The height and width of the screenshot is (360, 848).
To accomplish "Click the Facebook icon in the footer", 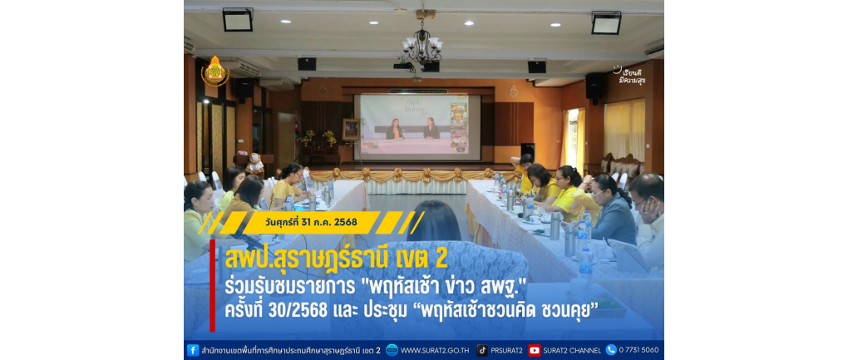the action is (x=193, y=350).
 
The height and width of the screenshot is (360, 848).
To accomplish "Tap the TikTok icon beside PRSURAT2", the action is (x=482, y=350).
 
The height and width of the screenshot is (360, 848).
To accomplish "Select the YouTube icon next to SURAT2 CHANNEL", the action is (x=535, y=350).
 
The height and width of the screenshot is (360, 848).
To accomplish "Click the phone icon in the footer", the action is (x=611, y=350).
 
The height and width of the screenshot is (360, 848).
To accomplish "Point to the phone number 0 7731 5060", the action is (x=639, y=350).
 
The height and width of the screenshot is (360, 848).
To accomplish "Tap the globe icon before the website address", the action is (x=392, y=350).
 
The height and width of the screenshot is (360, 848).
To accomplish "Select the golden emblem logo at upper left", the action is (x=215, y=71).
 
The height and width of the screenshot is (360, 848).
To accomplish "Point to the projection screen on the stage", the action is (x=417, y=127).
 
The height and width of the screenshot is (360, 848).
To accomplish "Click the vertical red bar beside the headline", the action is (x=213, y=285).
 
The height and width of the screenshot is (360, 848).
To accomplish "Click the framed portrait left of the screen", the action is (x=351, y=130).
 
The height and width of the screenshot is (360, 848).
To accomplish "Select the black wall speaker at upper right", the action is (x=595, y=86).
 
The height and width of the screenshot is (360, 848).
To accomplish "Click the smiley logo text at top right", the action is (x=631, y=76).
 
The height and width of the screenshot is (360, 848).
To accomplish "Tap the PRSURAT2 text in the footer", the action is (x=507, y=350).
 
